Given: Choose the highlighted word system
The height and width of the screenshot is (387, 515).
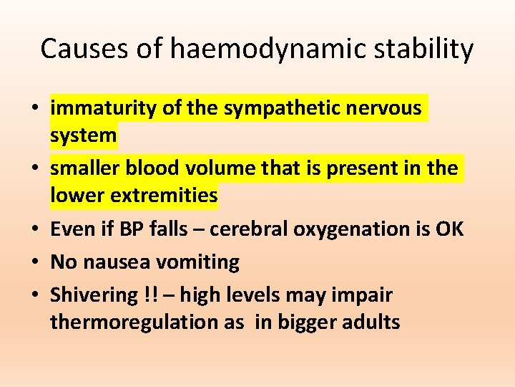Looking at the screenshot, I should pos(83,134).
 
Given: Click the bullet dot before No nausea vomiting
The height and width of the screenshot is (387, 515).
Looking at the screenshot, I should pos(34,262).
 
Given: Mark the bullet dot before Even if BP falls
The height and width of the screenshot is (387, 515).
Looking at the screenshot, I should pos(34,229).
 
